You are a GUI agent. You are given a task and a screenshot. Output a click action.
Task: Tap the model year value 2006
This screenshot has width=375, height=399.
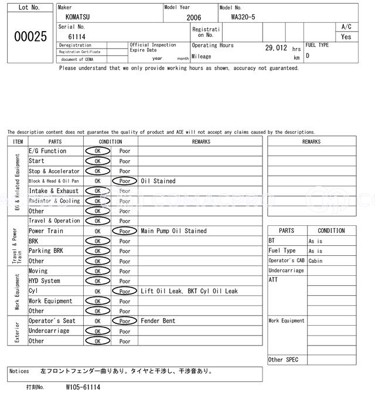pyautogui.click(x=193, y=18)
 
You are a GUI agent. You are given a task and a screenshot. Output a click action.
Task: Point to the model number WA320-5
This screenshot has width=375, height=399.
pyautogui.click(x=243, y=17)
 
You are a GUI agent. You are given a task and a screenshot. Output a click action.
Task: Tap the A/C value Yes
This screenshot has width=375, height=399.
pyautogui.click(x=346, y=36)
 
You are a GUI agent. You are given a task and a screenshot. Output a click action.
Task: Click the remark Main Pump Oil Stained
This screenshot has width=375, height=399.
pyautogui.click(x=173, y=231)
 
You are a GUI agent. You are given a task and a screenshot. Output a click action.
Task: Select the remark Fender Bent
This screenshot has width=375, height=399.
pyautogui.click(x=158, y=321)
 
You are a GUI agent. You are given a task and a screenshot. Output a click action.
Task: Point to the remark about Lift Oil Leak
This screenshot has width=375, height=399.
pyautogui.click(x=189, y=291)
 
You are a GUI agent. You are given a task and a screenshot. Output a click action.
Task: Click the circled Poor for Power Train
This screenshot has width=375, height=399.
pyautogui.click(x=125, y=231)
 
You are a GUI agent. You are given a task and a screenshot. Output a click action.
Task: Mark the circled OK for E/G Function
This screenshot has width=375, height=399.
pyautogui.click(x=97, y=151)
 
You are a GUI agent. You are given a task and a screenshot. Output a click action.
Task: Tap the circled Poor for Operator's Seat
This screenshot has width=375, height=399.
pyautogui.click(x=125, y=321)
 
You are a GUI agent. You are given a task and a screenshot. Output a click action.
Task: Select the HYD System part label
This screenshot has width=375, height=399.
pyautogui.click(x=45, y=281)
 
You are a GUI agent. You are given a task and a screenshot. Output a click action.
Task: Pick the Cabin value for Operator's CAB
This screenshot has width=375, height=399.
pyautogui.click(x=316, y=261)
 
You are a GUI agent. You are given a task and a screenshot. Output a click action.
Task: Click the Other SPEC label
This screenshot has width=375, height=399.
pyautogui.click(x=284, y=360)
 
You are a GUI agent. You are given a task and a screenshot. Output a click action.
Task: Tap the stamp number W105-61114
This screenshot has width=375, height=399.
pyautogui.click(x=83, y=387)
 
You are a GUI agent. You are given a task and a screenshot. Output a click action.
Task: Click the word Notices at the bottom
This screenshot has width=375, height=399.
pyautogui.click(x=19, y=371)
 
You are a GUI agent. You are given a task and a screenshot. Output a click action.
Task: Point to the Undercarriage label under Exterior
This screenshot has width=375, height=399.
pyautogui.click(x=49, y=331)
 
